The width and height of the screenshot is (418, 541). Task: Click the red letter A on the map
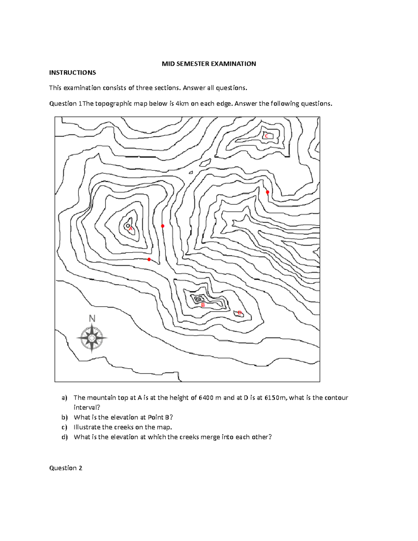click(x=131, y=229)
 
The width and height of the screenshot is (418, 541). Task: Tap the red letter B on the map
click(x=203, y=305)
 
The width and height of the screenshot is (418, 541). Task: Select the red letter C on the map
click(x=266, y=136)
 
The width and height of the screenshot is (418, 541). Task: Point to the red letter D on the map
click(x=240, y=313)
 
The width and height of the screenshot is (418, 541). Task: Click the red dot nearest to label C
click(x=268, y=192)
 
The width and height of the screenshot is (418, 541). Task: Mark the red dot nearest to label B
click(x=149, y=260)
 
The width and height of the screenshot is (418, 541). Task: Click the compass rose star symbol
click(x=92, y=338)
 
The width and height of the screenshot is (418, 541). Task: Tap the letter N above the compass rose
click(x=92, y=318)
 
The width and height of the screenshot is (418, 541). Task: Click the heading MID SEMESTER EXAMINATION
click(x=209, y=64)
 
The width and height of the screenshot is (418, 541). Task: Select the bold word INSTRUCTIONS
click(x=72, y=72)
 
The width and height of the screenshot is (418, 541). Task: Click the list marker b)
click(x=64, y=417)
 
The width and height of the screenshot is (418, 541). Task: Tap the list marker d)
click(x=64, y=437)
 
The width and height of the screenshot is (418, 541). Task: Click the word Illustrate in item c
click(x=87, y=427)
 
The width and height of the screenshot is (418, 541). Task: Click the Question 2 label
click(x=65, y=468)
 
